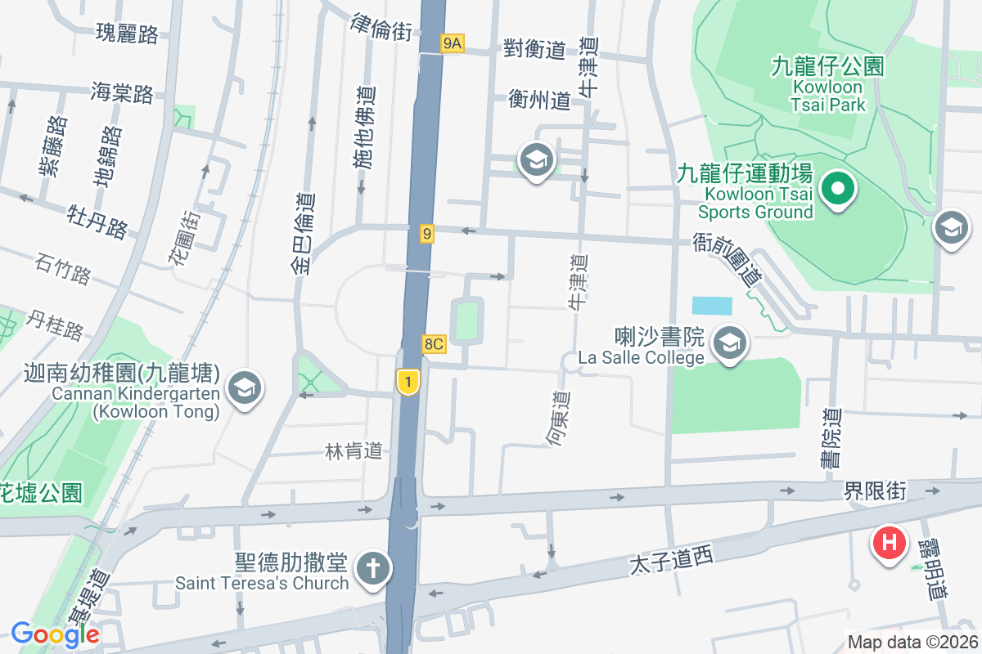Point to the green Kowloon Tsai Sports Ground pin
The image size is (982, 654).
(838, 190)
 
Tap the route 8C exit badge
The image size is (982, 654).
(434, 344)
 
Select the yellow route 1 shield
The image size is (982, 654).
(408, 381)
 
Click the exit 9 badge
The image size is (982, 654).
(426, 235)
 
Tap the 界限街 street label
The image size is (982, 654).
(876, 490)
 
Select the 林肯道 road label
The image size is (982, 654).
(354, 450)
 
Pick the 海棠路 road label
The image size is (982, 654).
(123, 92)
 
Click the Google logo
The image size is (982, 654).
(55, 634)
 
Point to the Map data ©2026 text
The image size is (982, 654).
(912, 642)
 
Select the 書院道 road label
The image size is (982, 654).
(831, 439)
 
